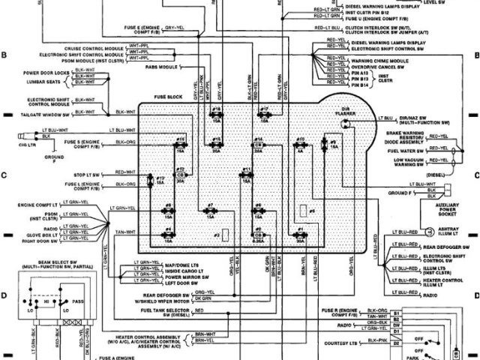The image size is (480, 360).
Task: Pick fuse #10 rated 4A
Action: coord(299,145)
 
